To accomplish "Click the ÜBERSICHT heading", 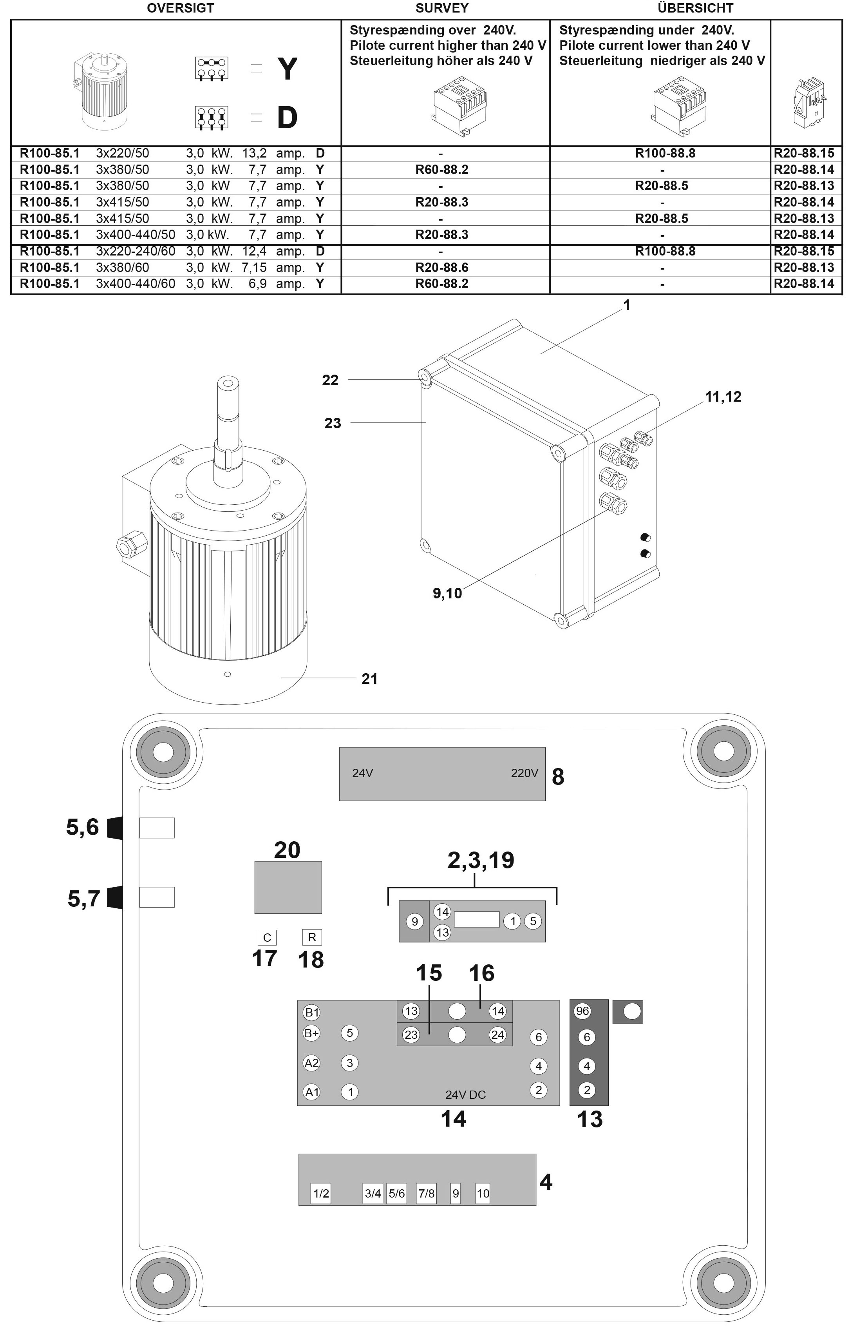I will click(x=695, y=8).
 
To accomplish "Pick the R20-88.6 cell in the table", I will click(x=441, y=267).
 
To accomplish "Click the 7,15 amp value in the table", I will click(x=255, y=267).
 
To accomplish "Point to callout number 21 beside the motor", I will click(x=369, y=679).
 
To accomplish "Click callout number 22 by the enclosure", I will click(x=330, y=380).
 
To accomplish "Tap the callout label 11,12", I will click(x=723, y=397).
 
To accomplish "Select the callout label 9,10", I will click(x=447, y=594).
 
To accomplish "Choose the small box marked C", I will click(x=267, y=937).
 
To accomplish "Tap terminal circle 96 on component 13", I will click(x=582, y=1011).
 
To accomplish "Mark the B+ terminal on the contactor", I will click(x=312, y=1033).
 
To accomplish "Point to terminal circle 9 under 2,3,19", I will click(x=414, y=921).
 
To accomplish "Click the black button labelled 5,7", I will click(x=114, y=897).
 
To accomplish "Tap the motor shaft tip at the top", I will click(x=228, y=382).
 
